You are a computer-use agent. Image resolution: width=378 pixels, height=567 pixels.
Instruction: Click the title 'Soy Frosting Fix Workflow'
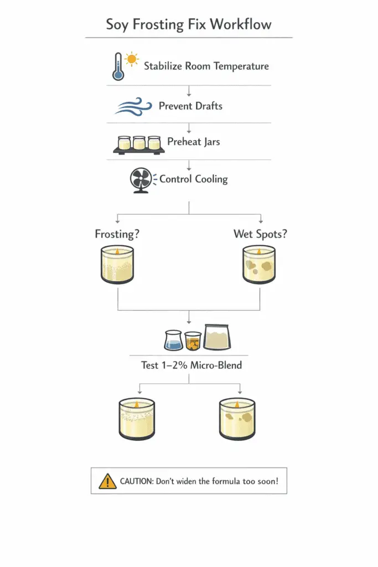189,25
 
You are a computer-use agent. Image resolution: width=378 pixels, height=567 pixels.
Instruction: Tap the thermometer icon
118,67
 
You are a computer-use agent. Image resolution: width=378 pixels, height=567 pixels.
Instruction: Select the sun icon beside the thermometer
131,59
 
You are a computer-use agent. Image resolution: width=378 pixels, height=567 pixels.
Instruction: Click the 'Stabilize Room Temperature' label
206,66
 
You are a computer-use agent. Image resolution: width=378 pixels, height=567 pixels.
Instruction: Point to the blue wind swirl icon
134,106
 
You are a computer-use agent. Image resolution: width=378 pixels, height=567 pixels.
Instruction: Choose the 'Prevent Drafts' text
190,106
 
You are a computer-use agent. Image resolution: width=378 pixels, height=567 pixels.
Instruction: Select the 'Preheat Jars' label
193,142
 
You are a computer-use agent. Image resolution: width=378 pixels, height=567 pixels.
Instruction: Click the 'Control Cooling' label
193,179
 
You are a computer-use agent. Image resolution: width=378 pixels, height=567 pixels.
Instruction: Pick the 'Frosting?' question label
117,234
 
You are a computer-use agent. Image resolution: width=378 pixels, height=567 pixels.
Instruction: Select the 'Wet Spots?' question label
260,234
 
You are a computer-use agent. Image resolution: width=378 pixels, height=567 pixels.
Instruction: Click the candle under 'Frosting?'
118,265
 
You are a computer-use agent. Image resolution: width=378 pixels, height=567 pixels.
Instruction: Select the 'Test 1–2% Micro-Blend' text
190,365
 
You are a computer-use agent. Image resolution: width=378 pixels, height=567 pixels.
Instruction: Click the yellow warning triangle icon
107,482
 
